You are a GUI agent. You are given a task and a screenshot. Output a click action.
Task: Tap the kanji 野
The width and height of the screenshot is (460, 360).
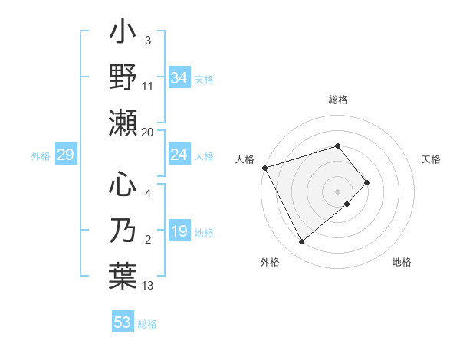123,77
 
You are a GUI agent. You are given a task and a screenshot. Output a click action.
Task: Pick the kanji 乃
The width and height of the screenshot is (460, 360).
123,232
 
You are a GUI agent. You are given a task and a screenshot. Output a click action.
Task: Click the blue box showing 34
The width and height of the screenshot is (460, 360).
179,78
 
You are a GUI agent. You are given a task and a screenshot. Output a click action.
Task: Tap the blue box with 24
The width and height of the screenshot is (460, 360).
179,155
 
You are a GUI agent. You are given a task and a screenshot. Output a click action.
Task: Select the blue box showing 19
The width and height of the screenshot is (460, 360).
179,232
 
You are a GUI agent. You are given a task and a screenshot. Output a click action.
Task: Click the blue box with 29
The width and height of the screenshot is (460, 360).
65,155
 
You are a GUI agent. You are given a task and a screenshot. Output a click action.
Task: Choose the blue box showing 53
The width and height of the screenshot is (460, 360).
122,322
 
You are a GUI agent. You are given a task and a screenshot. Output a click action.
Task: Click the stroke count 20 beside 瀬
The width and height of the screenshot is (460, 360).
148,133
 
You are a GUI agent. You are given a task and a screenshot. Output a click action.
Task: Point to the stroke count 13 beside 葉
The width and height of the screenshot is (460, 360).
148,286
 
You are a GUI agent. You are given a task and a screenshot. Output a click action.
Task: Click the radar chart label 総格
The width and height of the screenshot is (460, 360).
337,100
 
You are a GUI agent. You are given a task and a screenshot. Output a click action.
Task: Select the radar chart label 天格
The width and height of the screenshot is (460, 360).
432,159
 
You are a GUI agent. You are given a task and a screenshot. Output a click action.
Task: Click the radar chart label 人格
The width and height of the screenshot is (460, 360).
245,159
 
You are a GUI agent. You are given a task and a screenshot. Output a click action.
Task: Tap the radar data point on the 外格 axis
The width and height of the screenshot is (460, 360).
301,241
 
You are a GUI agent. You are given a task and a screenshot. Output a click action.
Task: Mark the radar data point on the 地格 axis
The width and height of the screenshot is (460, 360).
347,204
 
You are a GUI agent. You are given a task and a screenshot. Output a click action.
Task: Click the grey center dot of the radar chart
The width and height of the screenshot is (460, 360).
337,191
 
